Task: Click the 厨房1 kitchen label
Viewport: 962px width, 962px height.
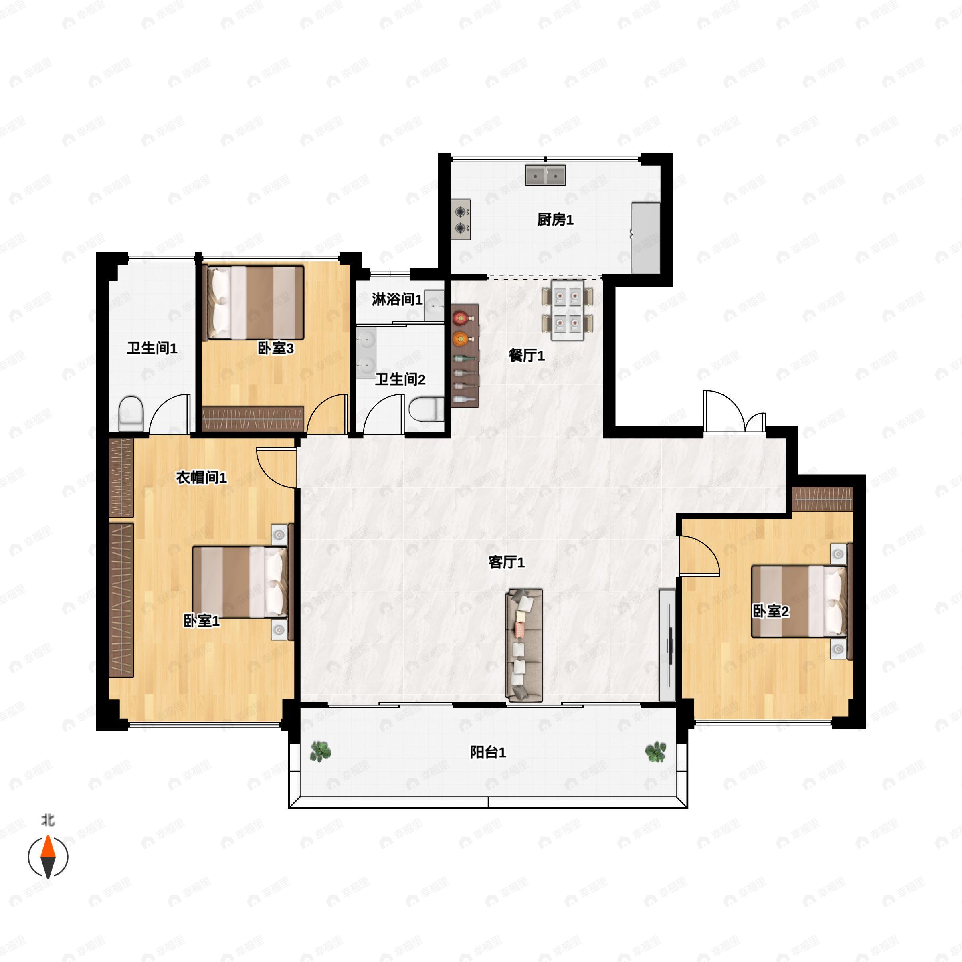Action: click(555, 220)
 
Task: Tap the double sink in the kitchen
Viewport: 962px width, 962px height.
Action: click(545, 175)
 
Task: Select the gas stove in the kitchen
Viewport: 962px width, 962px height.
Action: click(461, 220)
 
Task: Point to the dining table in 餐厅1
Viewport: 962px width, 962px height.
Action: click(568, 310)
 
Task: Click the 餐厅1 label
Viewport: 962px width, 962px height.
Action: click(526, 356)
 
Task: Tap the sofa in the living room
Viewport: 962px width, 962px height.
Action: click(524, 645)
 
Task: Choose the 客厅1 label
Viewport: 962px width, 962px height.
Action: click(506, 562)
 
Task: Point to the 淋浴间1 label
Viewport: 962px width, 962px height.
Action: click(397, 299)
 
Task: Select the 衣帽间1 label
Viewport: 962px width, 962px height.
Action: click(201, 477)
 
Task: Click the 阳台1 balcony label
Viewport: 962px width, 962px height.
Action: click(488, 752)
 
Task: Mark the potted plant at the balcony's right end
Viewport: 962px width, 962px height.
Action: click(656, 752)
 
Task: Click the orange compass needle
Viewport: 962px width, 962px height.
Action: click(48, 847)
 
